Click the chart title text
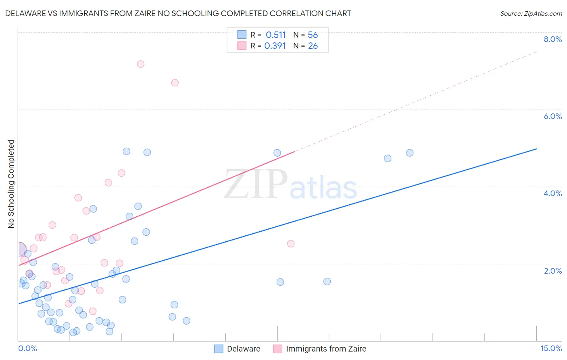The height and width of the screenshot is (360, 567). [x=178, y=13]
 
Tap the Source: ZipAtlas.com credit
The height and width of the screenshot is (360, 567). [x=531, y=13]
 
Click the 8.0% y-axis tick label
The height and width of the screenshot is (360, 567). [x=552, y=39]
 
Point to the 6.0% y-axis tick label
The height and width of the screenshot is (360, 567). [x=552, y=116]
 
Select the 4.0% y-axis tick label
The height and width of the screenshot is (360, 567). [x=552, y=193]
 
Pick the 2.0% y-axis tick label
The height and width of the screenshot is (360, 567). [x=552, y=271]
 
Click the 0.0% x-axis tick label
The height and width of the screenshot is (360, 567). [x=27, y=348]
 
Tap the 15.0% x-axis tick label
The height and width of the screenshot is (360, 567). [x=551, y=348]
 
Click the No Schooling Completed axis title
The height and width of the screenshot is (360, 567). [x=11, y=184]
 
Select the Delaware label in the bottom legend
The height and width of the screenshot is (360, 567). [x=244, y=349]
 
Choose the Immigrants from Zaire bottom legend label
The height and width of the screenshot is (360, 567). [x=326, y=349]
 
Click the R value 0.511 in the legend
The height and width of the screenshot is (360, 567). [x=275, y=35]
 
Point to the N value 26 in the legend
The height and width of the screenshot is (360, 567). [x=313, y=46]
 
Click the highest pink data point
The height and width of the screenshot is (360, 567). [x=140, y=64]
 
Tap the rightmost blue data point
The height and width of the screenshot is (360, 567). [x=410, y=153]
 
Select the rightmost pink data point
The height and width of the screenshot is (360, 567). [x=291, y=244]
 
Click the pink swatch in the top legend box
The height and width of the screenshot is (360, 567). [x=242, y=46]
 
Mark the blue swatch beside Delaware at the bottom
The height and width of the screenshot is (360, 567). [x=219, y=349]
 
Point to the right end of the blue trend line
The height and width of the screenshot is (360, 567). [x=537, y=149]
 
